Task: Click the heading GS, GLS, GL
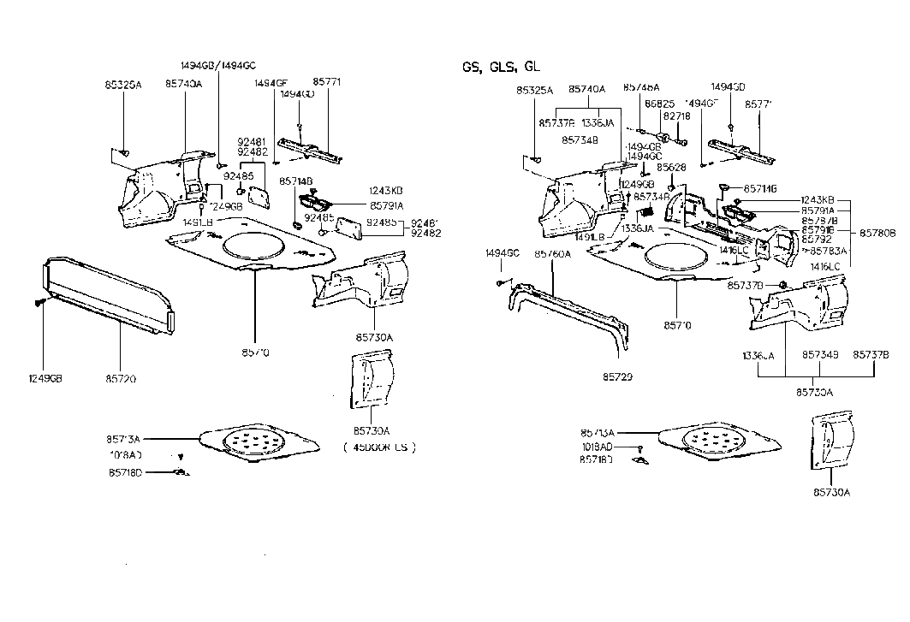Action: click(x=501, y=67)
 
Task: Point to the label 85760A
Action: click(x=552, y=253)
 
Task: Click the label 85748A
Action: click(x=641, y=87)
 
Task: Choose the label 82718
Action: click(x=675, y=116)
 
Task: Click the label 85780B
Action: click(x=877, y=232)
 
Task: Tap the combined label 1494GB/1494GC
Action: click(x=217, y=66)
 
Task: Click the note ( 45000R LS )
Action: click(x=378, y=446)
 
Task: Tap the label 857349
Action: click(x=820, y=354)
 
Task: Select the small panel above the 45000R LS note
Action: click(x=371, y=382)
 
